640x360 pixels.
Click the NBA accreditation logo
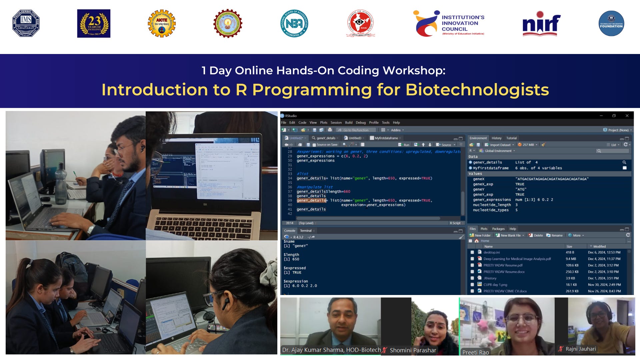[x=294, y=23]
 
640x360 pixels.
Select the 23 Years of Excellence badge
[x=94, y=23]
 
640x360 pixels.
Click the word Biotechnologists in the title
[x=477, y=90]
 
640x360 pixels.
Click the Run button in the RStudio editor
[x=404, y=145]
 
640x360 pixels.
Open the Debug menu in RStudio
[x=360, y=123]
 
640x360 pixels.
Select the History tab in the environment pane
[x=496, y=138]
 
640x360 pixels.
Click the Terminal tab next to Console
[x=306, y=231]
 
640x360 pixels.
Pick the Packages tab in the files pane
[x=498, y=229]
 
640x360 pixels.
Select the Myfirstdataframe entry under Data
[x=491, y=168]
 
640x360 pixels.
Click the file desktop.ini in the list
[x=491, y=252]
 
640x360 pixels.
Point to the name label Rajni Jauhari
[x=580, y=349]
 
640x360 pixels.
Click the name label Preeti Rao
[x=475, y=352]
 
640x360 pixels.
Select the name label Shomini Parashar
[x=413, y=350]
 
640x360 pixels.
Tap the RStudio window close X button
[x=627, y=116]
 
